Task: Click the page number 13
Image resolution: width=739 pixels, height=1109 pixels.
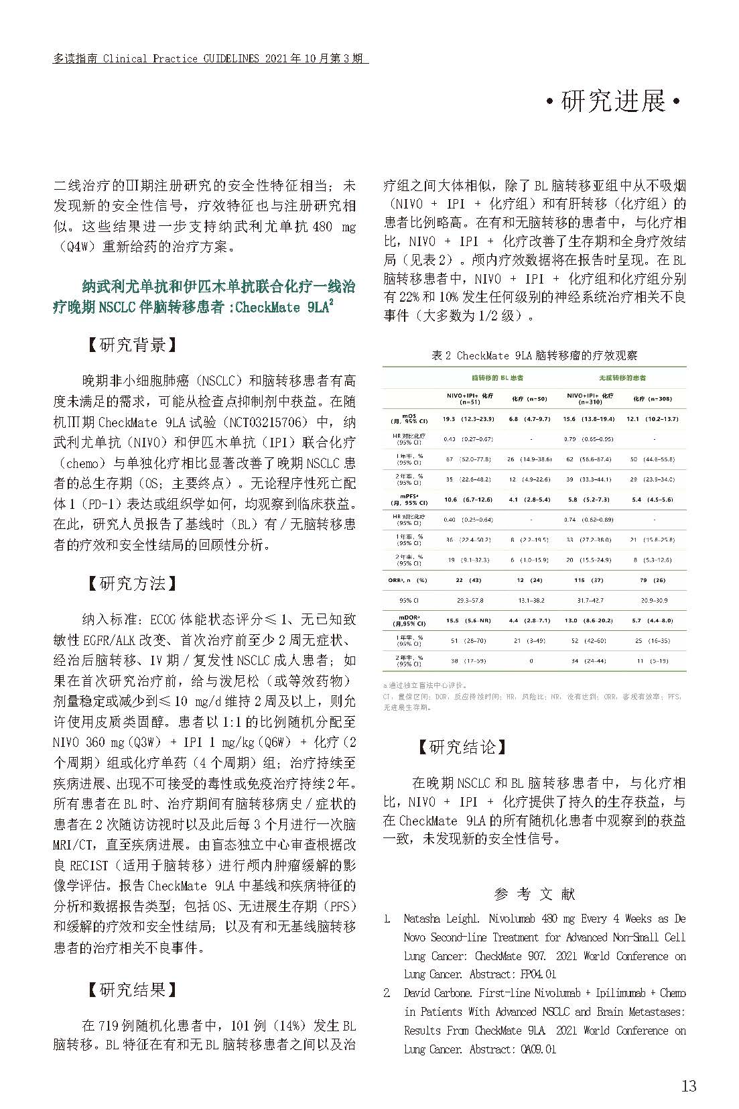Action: tap(688, 1086)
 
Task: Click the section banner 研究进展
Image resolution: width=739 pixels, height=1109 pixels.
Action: tap(613, 102)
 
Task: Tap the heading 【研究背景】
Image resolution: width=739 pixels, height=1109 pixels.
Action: tap(132, 345)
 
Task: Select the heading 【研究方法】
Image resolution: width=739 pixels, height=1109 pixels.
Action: tap(132, 583)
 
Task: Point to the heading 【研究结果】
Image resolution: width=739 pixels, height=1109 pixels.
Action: tap(132, 990)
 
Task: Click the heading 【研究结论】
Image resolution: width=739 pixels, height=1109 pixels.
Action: tap(462, 747)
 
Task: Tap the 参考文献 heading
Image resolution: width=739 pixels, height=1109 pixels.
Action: tap(534, 894)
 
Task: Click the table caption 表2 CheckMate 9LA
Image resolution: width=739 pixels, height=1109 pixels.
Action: tap(534, 356)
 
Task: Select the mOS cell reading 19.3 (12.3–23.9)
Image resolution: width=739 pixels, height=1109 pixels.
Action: tap(468, 419)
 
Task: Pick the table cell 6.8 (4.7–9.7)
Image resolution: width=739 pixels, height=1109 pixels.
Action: tap(529, 419)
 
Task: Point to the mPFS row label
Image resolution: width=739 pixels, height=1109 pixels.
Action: tap(409, 500)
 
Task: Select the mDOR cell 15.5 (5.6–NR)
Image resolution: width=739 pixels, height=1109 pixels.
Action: tap(469, 621)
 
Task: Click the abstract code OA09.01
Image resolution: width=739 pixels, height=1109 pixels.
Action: tap(538, 1049)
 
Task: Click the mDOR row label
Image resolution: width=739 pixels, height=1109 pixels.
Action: tap(409, 621)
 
